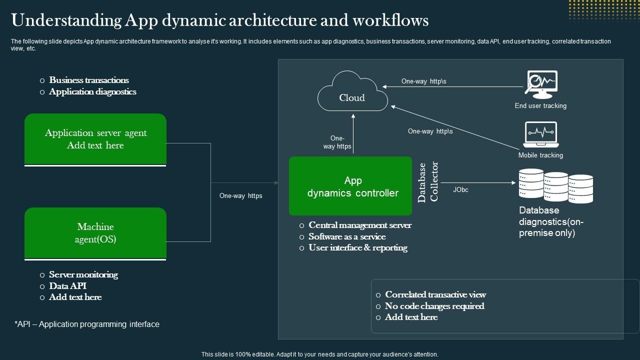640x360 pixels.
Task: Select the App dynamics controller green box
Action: click(350, 186)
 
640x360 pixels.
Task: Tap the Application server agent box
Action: click(95, 139)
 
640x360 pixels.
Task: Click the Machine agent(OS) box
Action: click(95, 233)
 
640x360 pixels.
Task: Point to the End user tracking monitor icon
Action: click(540, 84)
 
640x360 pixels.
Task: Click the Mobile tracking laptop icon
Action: click(540, 134)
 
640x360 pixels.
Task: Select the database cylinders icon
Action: click(555, 185)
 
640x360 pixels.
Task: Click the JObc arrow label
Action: click(460, 190)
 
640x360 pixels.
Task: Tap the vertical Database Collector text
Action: click(428, 182)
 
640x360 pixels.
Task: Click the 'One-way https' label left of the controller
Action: click(240, 196)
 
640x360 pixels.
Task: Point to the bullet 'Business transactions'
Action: click(89, 80)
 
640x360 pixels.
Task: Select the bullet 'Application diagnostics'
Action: click(92, 91)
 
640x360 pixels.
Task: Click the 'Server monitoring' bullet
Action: click(83, 274)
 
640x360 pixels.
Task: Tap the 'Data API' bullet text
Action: click(67, 286)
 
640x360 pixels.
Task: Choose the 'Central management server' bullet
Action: click(360, 225)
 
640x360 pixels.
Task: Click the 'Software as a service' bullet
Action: click(347, 236)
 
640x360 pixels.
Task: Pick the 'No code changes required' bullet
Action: click(434, 306)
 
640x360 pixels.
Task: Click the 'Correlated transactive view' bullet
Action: click(435, 294)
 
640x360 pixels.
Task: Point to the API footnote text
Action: click(87, 324)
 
